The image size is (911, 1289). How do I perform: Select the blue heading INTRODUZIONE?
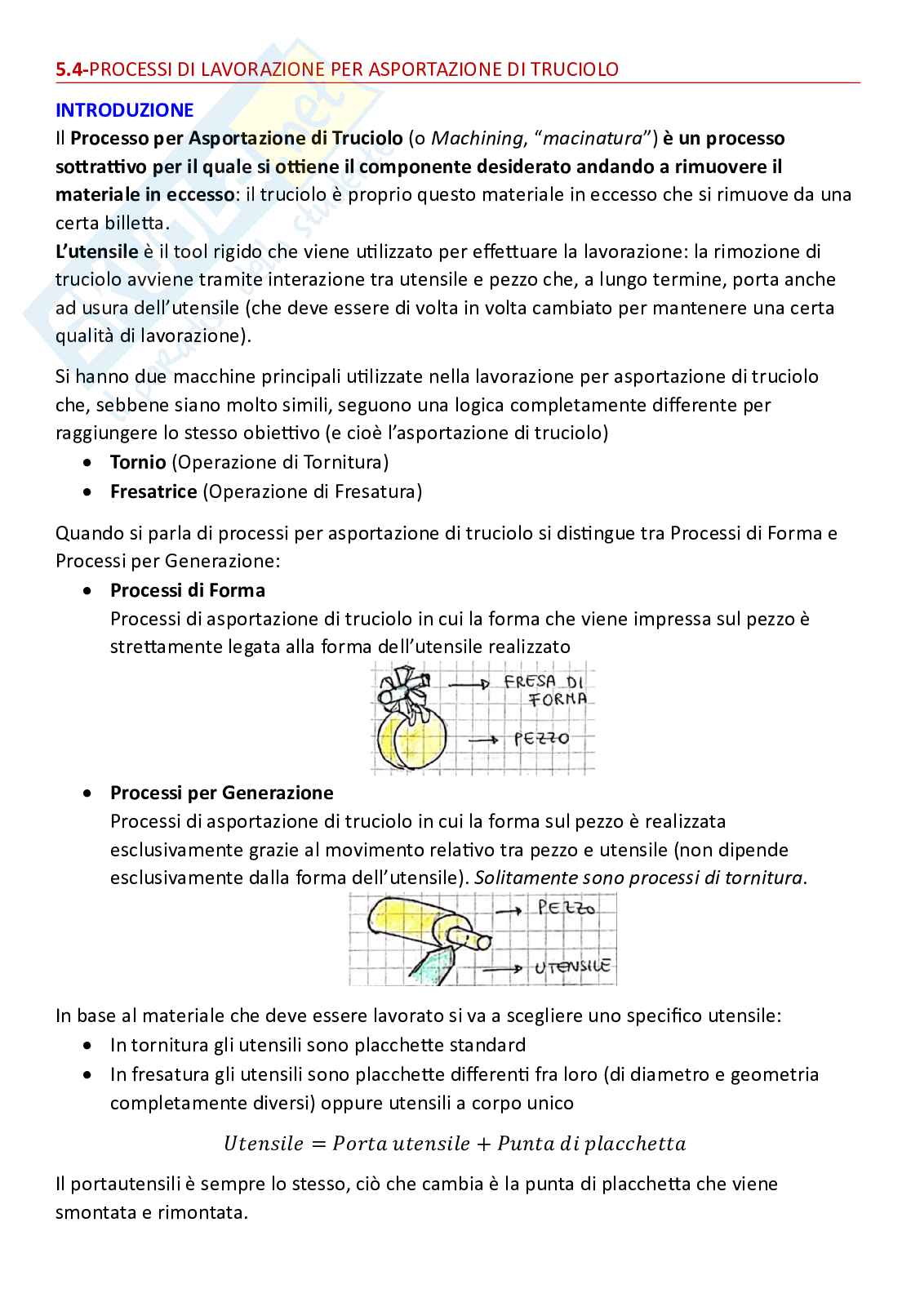[124, 109]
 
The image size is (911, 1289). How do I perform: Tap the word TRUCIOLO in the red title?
[573, 69]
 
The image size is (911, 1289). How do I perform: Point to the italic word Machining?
[471, 138]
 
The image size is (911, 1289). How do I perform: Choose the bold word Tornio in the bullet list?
[138, 462]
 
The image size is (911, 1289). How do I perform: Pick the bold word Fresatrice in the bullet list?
[153, 491]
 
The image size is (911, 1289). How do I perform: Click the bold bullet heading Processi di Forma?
[188, 589]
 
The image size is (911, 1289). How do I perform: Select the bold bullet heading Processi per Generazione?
[222, 793]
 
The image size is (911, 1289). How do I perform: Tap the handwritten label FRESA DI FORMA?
[547, 690]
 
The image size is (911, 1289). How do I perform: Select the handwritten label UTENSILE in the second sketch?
[572, 967]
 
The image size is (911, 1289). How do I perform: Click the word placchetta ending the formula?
[637, 1144]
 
